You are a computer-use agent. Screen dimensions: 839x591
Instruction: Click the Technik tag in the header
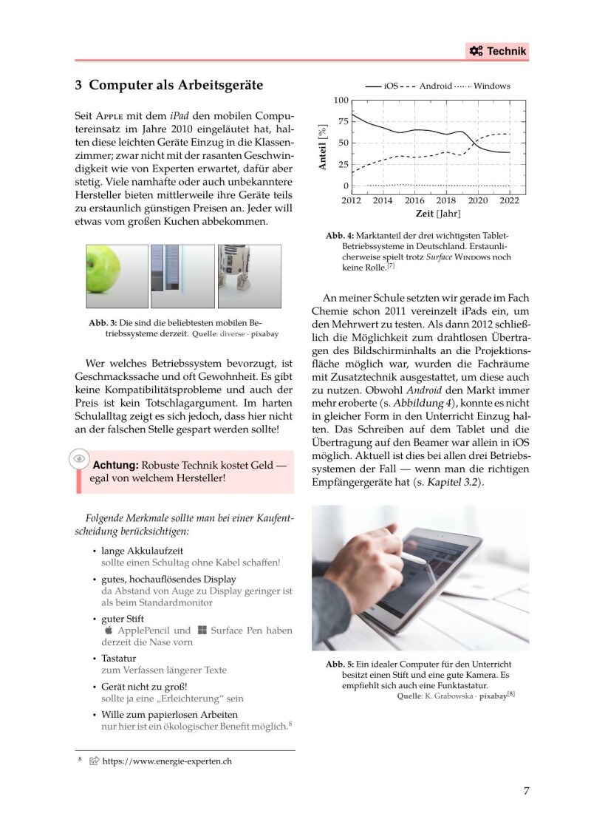[497, 50]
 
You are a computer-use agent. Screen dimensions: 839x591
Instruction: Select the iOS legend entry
[391, 86]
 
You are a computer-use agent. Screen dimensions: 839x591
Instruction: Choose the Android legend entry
[435, 86]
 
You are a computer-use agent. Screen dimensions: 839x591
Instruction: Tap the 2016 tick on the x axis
[414, 200]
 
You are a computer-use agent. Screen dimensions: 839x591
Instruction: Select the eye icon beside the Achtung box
[78, 459]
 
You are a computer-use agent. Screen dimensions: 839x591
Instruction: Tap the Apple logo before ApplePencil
[109, 631]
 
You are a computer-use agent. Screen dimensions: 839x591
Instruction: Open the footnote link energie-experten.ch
[166, 761]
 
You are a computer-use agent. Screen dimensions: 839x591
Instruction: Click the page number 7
[526, 791]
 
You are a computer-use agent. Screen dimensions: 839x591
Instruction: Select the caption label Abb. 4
[339, 235]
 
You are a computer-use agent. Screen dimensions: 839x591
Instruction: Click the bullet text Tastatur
[123, 658]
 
